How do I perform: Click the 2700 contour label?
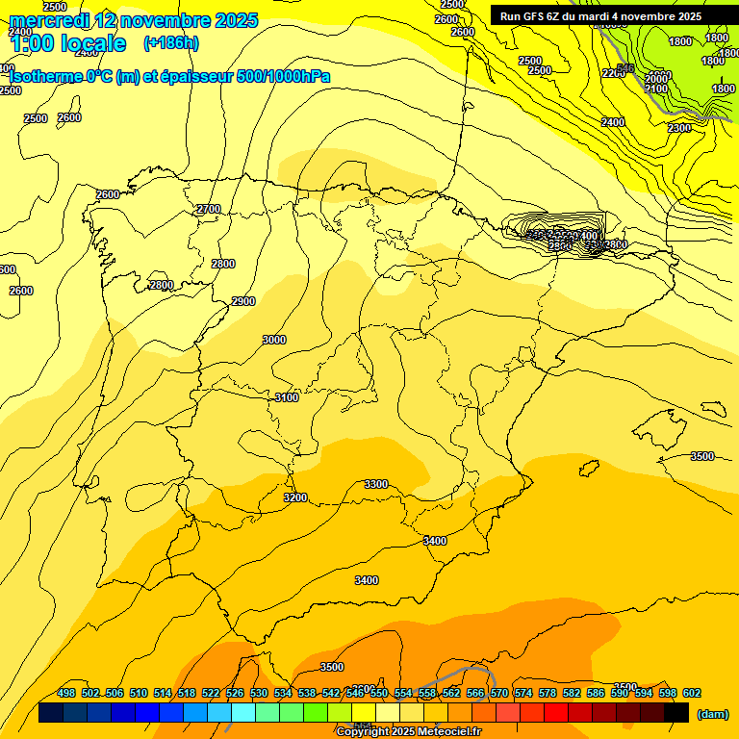point(208,210)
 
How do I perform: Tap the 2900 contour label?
point(243,302)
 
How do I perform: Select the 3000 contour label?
point(274,340)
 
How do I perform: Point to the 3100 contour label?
point(287,397)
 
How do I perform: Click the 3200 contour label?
point(295,497)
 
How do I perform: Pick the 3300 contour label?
point(376,484)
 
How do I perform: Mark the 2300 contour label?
point(679,128)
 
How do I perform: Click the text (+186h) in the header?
point(170,42)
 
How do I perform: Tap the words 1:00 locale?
point(67,43)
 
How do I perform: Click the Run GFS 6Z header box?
point(600,15)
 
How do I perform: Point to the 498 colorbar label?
point(66,693)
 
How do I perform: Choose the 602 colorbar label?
point(692,693)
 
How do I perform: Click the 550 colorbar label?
point(379,693)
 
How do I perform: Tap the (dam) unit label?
point(712,714)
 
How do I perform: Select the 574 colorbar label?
point(523,693)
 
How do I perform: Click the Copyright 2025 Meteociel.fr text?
point(408,731)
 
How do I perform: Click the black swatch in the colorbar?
point(676,713)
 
